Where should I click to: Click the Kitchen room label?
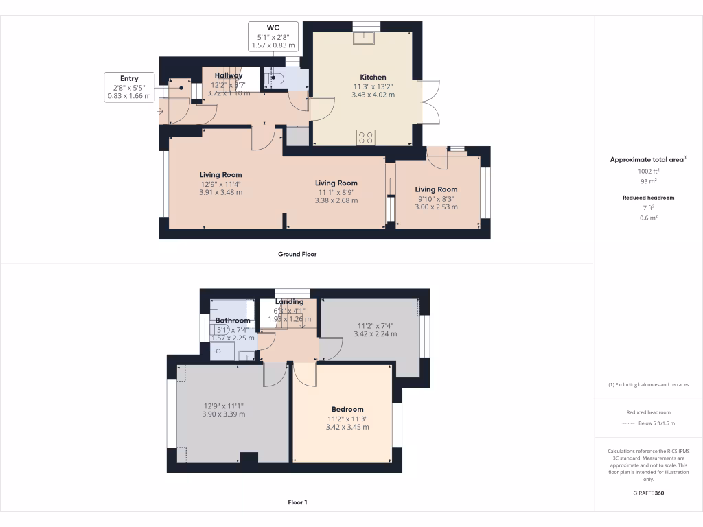(x=373, y=77)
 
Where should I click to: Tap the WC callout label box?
(x=274, y=36)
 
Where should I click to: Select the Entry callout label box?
(x=128, y=87)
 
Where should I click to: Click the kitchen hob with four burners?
(x=365, y=137)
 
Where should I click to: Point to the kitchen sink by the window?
(x=363, y=37)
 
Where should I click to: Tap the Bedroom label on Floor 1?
(x=347, y=410)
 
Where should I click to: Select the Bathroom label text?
(x=233, y=320)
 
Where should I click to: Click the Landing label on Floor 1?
(x=290, y=302)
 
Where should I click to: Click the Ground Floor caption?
(x=297, y=254)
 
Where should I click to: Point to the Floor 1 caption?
(x=297, y=502)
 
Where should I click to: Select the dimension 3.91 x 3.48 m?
(x=220, y=192)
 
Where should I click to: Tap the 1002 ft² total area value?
(x=648, y=172)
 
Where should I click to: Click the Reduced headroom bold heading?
(x=648, y=198)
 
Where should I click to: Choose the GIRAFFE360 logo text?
(x=648, y=493)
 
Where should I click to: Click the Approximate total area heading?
(x=647, y=160)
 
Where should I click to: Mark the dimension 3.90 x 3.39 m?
(x=223, y=414)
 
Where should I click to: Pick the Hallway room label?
(x=229, y=75)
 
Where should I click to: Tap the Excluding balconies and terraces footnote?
(x=648, y=385)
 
